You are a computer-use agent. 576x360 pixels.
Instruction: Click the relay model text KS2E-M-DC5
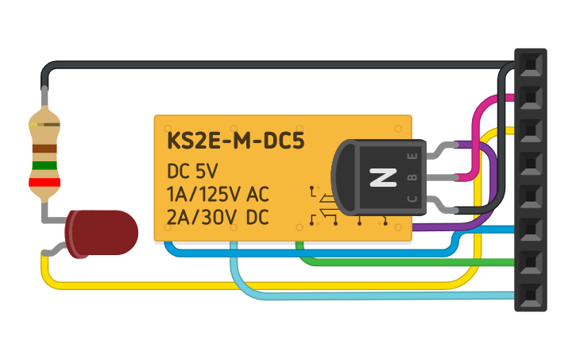point(236,141)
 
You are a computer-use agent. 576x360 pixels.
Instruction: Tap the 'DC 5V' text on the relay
point(191,171)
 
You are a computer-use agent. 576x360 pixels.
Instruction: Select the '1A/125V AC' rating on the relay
point(218,193)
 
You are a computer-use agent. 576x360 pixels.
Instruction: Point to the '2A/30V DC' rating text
point(218,216)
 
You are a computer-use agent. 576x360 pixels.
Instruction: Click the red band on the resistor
point(44,182)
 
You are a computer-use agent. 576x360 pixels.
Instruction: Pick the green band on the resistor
point(44,165)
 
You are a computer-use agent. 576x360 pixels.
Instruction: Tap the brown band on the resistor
point(44,149)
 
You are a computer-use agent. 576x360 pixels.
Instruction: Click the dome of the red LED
point(103,233)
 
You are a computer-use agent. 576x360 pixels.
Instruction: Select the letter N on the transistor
point(383,177)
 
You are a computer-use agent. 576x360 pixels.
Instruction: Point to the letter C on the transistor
point(412,198)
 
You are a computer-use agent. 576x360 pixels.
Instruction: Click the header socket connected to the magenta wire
point(530,97)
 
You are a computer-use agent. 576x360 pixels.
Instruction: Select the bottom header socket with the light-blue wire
point(530,294)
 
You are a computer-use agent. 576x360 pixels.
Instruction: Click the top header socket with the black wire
point(530,64)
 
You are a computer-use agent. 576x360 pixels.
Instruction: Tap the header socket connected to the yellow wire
point(530,130)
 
